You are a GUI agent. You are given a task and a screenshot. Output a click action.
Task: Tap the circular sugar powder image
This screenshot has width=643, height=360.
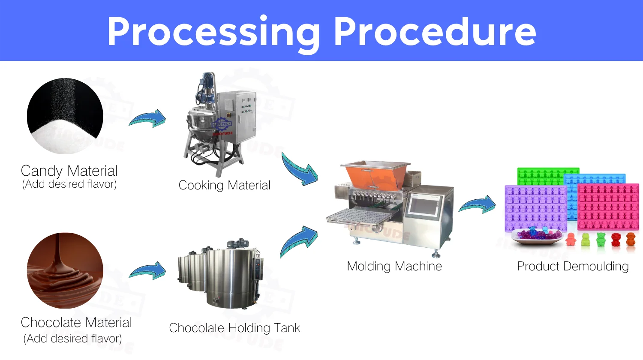tap(65, 116)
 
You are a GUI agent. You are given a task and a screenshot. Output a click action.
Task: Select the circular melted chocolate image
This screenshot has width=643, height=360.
tap(65, 270)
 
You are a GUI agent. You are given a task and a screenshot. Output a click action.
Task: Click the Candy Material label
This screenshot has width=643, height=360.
tap(69, 171)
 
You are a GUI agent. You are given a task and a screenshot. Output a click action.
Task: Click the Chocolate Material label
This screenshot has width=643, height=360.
tap(76, 322)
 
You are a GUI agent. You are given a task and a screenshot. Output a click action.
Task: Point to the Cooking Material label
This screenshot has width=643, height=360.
tap(224, 185)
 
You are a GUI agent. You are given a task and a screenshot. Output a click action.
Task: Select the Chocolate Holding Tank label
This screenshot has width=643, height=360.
tap(234, 328)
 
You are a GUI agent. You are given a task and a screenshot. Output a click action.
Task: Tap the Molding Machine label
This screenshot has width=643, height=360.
tap(394, 266)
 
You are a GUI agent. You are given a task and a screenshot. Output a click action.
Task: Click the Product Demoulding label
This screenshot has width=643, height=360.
tap(573, 266)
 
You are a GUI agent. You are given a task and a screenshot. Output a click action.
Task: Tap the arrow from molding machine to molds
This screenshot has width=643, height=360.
tap(478, 204)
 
